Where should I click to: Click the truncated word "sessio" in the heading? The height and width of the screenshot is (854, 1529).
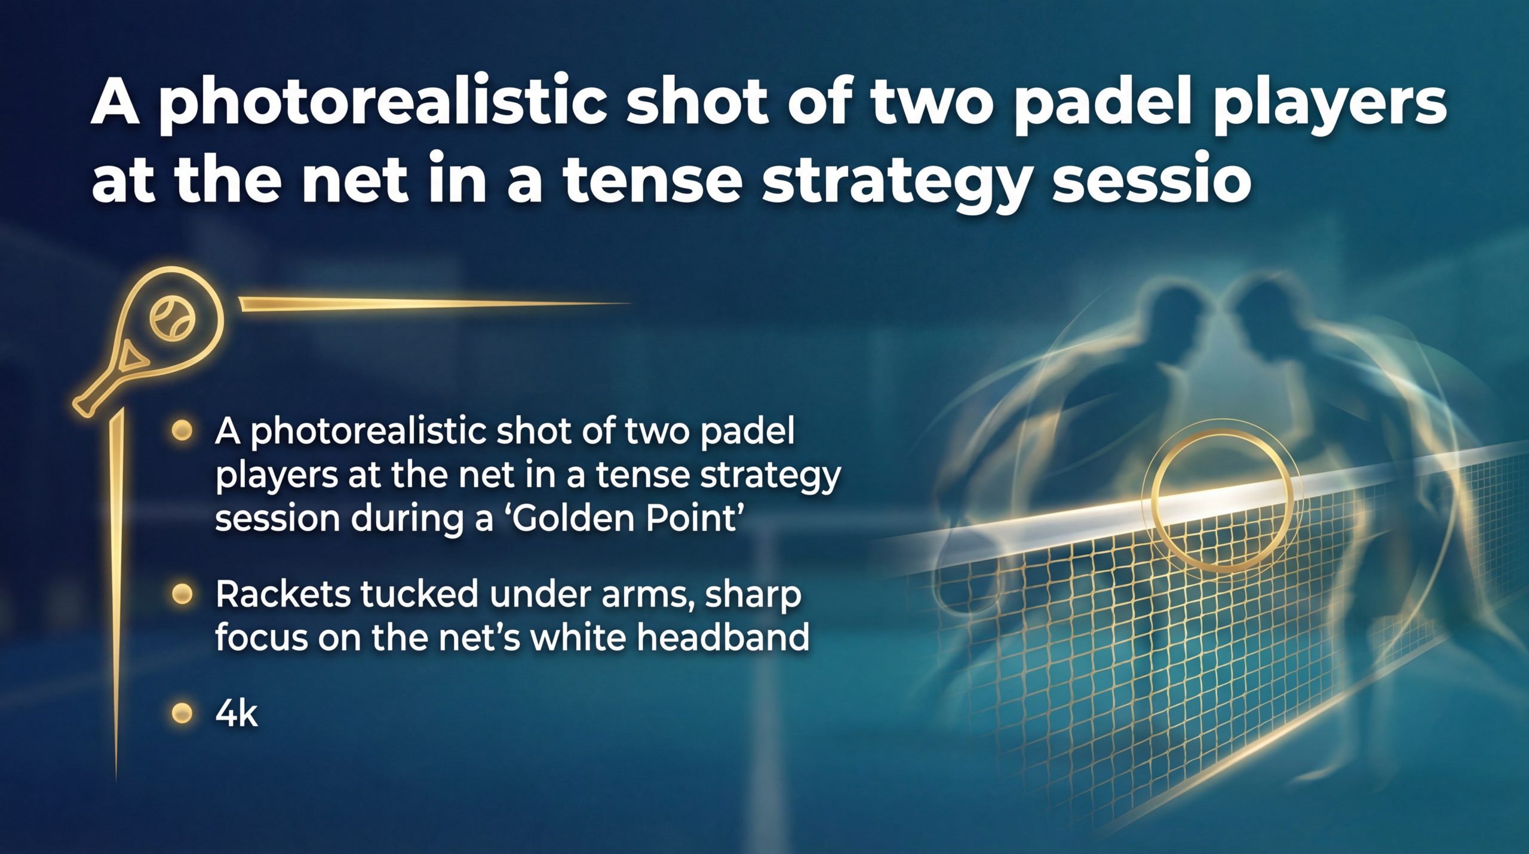click(1151, 180)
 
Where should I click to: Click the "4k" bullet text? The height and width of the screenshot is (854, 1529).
click(237, 714)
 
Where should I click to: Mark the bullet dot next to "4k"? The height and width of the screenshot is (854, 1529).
click(182, 713)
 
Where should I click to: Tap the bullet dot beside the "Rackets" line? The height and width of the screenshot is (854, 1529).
click(182, 594)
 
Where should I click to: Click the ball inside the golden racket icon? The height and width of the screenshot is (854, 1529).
click(173, 318)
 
